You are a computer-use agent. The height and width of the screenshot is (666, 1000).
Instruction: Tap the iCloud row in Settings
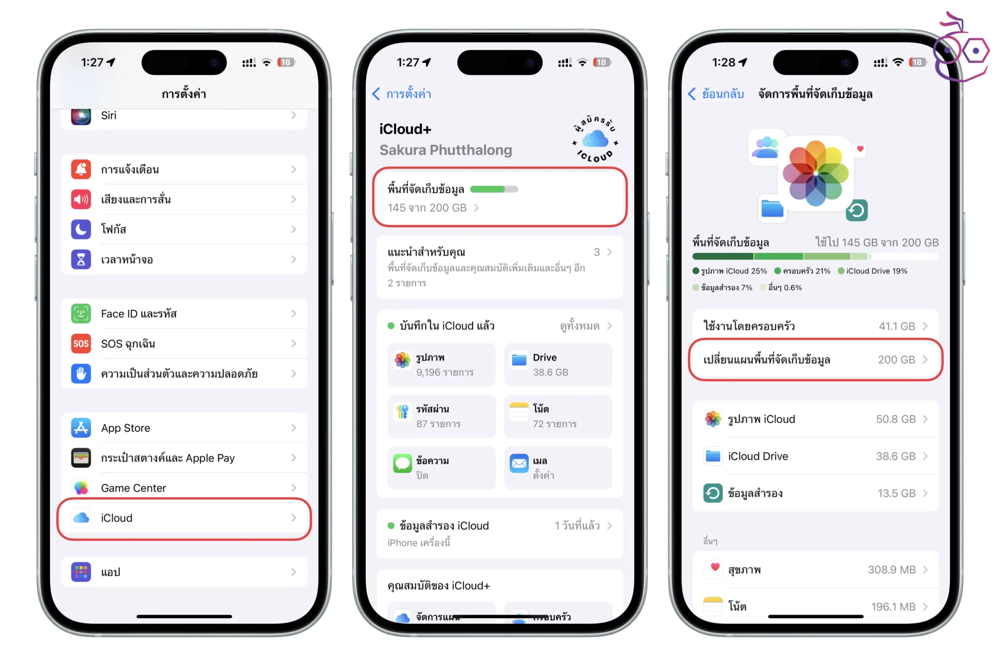tap(184, 518)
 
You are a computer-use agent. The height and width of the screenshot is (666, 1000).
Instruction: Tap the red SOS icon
tap(81, 344)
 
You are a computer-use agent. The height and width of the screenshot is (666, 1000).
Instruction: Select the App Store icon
tap(81, 428)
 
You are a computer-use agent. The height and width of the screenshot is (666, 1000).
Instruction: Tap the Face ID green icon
tap(81, 313)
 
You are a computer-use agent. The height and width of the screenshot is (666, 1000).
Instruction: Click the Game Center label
tap(134, 488)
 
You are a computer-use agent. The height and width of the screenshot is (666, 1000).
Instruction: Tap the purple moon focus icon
tap(81, 229)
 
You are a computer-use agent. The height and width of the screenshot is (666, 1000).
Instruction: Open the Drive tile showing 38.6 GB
tap(558, 364)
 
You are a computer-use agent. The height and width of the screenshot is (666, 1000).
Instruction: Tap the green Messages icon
tap(402, 464)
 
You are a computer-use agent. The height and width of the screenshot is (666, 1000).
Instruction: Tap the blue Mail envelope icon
tap(519, 464)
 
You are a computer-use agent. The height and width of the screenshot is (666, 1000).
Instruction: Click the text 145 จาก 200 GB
tap(427, 208)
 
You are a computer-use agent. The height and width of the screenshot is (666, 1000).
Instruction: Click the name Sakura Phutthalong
tap(446, 150)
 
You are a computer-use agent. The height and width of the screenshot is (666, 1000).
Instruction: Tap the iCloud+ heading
tap(405, 129)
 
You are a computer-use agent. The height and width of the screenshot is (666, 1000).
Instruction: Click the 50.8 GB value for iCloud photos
tap(896, 419)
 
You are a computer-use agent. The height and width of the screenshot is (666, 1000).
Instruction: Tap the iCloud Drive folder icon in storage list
tap(712, 456)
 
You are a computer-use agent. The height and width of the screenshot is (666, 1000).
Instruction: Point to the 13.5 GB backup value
tap(897, 493)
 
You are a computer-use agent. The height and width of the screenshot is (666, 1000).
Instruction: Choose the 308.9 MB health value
tap(891, 570)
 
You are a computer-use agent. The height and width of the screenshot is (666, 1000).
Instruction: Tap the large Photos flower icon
tap(816, 173)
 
